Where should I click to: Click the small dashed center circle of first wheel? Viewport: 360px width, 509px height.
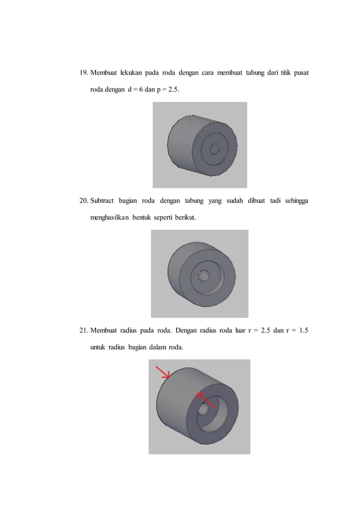point(214,149)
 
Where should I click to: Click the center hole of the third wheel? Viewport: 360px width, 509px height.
point(201,410)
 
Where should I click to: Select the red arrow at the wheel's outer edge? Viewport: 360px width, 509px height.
point(164,372)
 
